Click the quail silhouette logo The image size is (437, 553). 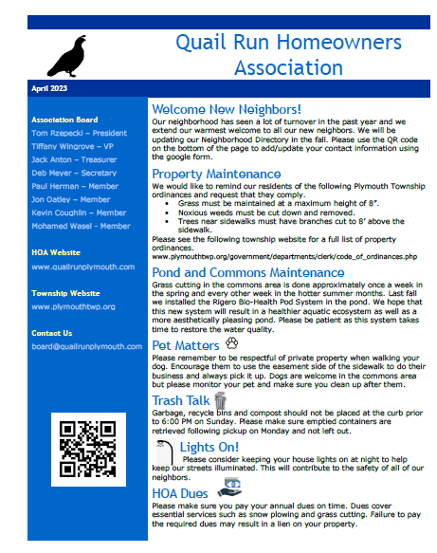(70, 56)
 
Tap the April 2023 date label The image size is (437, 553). (49, 88)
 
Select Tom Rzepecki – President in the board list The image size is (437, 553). (78, 133)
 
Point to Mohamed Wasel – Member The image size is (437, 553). (81, 226)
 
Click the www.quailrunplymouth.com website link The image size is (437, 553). (85, 267)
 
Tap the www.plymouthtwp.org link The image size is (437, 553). (73, 306)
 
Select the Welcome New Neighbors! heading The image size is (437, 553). (227, 110)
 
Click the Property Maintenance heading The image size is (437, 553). (216, 174)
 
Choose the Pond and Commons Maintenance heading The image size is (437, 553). (247, 272)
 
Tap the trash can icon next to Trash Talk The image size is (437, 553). (221, 398)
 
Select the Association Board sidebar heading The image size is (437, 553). (64, 120)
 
